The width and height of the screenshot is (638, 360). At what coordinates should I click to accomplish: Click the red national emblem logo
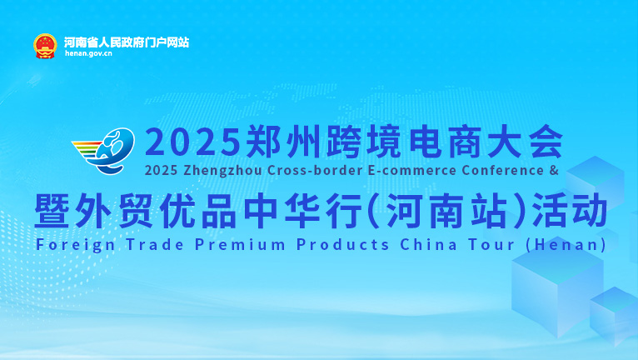coord(45,47)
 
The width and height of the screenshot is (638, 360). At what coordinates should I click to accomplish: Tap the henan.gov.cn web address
coord(88,53)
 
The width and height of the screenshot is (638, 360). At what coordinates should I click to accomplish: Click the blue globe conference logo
coord(104,150)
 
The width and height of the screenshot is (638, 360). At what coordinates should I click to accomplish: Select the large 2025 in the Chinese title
coord(193,142)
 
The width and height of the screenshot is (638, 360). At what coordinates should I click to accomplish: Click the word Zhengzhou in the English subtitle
coord(222,170)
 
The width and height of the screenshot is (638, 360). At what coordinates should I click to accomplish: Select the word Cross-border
coord(316,170)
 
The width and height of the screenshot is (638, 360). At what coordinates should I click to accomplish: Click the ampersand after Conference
coord(554,170)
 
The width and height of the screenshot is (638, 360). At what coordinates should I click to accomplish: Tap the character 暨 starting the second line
coord(52,211)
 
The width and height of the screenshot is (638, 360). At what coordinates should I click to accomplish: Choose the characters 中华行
coord(302,211)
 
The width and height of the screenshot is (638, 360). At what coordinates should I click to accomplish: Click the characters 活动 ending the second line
coord(570,211)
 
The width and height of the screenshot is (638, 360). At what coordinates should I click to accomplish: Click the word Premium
coord(240,245)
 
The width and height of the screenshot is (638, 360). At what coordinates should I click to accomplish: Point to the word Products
coord(343,245)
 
